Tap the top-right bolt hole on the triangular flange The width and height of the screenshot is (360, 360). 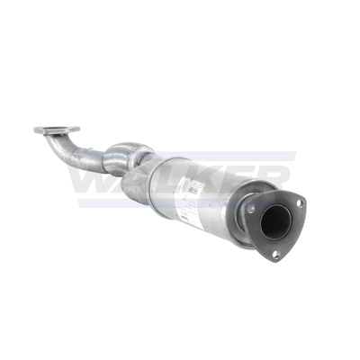click(298, 202)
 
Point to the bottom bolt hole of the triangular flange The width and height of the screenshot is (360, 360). click(275, 252)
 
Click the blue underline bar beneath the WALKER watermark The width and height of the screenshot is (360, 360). click(180, 203)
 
